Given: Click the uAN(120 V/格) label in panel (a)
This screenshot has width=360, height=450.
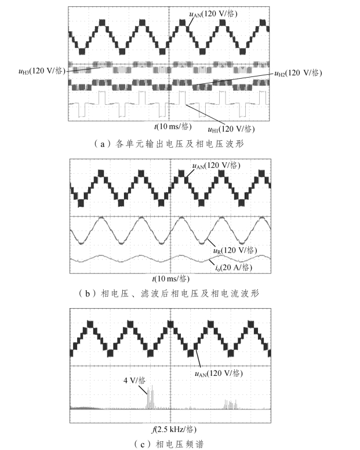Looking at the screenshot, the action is pos(213,13).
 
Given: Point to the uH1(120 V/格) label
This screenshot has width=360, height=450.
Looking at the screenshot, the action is pos(232,129).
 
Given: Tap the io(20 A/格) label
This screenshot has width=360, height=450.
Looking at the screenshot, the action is pos(233,268).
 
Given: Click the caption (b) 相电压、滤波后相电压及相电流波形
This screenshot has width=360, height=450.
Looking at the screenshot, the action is pos(169,294).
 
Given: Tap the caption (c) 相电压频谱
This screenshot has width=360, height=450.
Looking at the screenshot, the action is pos(169,444).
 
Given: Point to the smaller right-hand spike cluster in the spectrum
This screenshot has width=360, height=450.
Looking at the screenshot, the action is pos(232,403).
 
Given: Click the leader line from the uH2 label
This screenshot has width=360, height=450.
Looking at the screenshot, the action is pos(232,81).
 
